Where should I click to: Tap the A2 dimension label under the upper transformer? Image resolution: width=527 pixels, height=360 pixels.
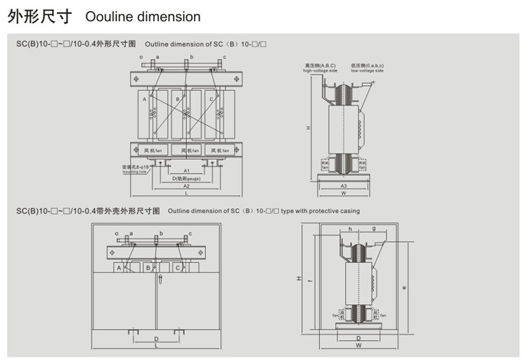tap(186, 186)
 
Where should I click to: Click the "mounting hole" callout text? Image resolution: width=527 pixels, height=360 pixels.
tap(135, 172)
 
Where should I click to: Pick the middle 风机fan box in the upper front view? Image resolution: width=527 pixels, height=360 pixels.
tap(187, 150)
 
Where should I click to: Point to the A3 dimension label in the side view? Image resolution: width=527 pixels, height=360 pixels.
tap(344, 186)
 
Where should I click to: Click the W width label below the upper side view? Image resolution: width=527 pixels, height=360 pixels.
tap(344, 193)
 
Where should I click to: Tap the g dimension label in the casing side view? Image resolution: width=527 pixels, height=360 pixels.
tap(373, 229)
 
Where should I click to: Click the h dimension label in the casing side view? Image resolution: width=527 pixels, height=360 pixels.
tap(350, 229)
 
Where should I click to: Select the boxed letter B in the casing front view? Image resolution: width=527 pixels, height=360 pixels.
tap(148, 268)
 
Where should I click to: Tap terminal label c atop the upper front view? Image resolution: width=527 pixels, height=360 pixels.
tap(224, 56)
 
